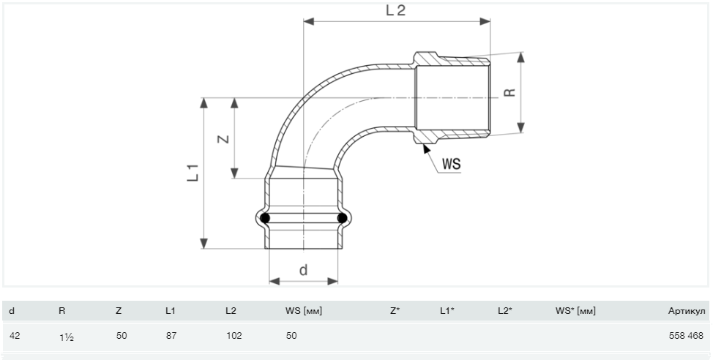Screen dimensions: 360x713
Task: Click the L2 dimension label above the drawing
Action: [395, 10]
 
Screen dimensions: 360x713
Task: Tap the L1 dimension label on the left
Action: [193, 173]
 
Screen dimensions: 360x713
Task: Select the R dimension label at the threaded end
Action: [509, 93]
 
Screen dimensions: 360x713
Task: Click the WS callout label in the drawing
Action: [451, 165]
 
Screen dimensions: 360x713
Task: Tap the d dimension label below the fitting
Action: [303, 270]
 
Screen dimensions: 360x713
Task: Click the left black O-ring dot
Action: [266, 218]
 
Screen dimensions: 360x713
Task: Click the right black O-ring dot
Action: [341, 218]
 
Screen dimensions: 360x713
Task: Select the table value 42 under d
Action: [13, 336]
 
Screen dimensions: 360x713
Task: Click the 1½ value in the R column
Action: [66, 337]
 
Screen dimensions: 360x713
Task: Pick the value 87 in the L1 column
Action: [171, 336]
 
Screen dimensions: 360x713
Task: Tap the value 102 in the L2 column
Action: [234, 336]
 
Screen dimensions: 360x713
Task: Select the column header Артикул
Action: [687, 311]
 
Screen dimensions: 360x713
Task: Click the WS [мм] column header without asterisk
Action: [303, 311]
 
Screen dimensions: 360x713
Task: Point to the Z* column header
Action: [395, 311]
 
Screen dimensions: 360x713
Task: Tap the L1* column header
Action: [447, 311]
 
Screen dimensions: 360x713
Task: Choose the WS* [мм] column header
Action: [575, 311]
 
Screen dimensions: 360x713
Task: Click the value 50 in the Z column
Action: [122, 336]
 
